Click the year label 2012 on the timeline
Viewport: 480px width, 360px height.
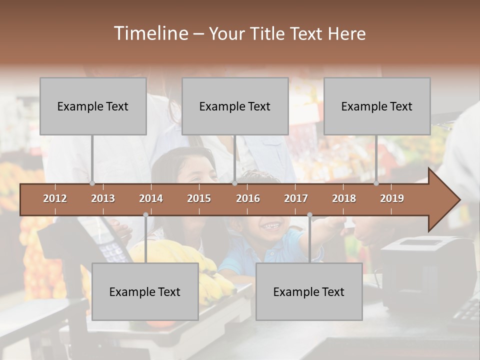(55, 198)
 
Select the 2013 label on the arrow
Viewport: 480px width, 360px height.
(103, 198)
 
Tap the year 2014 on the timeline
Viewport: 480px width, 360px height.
(151, 198)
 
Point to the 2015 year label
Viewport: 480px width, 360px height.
(199, 198)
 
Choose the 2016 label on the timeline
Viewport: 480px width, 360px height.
(248, 198)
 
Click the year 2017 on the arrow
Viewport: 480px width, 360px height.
(296, 198)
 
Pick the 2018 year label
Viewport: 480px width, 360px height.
(344, 198)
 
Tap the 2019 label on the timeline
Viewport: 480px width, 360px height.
(392, 198)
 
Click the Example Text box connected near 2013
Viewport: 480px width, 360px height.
(93, 106)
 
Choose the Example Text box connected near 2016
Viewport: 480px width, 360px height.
(235, 106)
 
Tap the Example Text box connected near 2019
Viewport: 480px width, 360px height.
(377, 106)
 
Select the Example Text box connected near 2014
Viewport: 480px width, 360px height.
(145, 291)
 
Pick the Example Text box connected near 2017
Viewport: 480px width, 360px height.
(309, 291)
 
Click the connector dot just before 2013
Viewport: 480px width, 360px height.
(92, 183)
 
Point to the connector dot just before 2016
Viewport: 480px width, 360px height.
(234, 183)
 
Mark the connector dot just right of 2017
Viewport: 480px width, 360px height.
(309, 215)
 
